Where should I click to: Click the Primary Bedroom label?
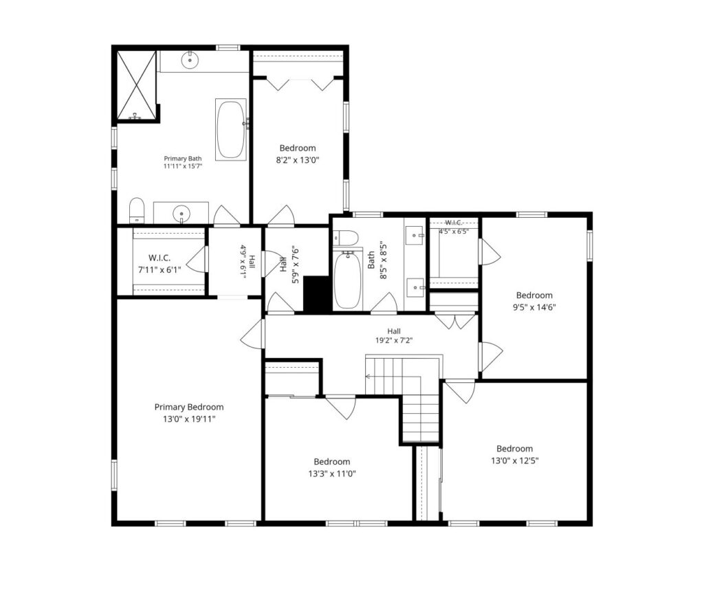click(189, 407)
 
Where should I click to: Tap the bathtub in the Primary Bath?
click(231, 129)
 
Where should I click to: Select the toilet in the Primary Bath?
click(137, 210)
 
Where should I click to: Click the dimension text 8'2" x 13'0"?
click(297, 160)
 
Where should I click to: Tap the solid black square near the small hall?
click(317, 293)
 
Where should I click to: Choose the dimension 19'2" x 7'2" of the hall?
click(394, 340)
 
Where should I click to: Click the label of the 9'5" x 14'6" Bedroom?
click(534, 296)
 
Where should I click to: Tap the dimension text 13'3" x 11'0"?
click(332, 474)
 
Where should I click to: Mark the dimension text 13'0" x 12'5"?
click(514, 460)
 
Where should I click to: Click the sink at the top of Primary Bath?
click(190, 59)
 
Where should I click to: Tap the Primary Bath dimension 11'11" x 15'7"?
click(183, 166)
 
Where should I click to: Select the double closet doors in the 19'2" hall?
click(455, 321)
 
